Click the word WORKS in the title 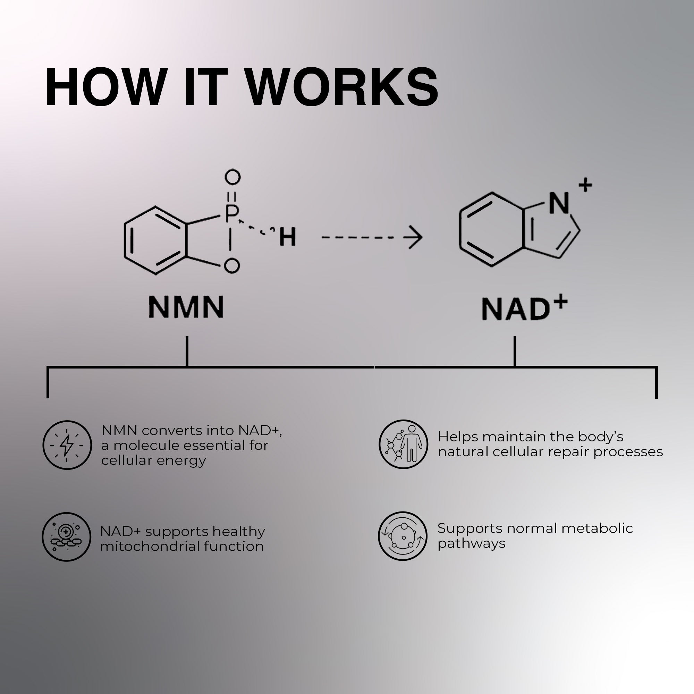point(343,87)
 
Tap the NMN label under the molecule point(186,307)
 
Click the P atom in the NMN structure point(231,214)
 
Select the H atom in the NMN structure point(287,237)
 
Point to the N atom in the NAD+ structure point(559,203)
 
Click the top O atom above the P point(232,177)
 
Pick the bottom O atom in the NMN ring point(231,266)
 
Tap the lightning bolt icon point(67,445)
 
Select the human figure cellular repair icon point(403,445)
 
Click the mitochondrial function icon point(67,537)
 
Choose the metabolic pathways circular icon point(403,536)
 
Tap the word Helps point(458,437)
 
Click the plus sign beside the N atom point(585,185)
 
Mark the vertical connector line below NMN point(187,351)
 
